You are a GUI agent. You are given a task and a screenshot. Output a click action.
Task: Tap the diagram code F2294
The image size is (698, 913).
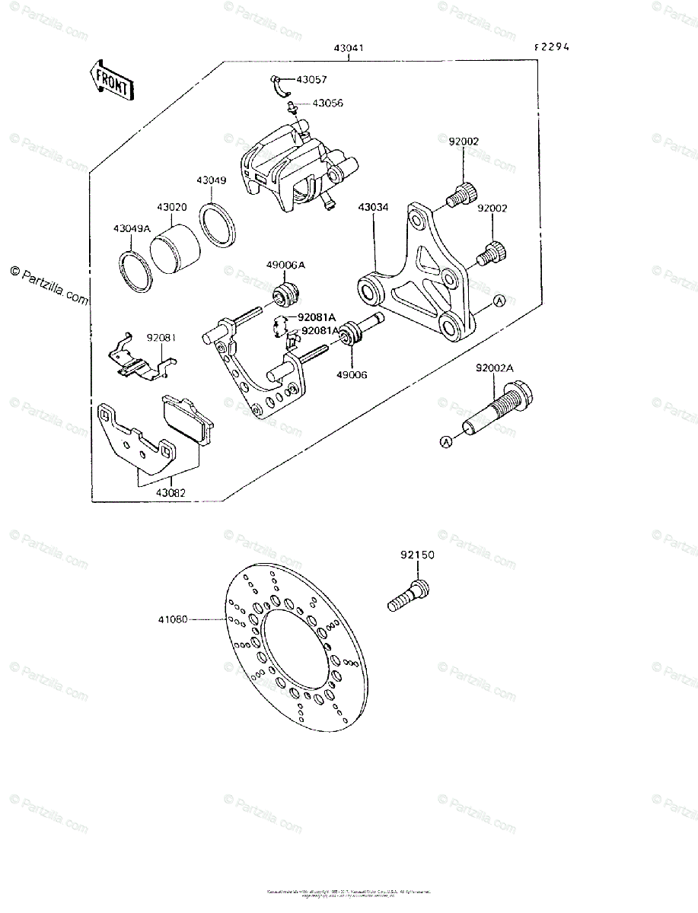tap(552, 46)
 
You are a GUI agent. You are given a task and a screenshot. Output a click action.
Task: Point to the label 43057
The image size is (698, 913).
tap(311, 79)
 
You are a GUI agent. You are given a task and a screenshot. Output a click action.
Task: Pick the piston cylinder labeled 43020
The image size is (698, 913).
tap(174, 250)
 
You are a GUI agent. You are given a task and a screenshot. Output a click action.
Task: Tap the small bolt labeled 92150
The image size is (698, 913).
tap(410, 596)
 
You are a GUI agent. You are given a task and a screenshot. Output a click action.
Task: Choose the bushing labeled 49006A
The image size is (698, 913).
tap(288, 293)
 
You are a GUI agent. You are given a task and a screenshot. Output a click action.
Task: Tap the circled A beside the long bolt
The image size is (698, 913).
tap(446, 441)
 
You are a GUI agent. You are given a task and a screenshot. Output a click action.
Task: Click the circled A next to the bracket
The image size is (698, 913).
tap(499, 301)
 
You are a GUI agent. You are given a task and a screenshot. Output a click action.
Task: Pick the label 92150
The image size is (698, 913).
tap(417, 555)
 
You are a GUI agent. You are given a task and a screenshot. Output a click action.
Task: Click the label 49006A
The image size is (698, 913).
tap(285, 265)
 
